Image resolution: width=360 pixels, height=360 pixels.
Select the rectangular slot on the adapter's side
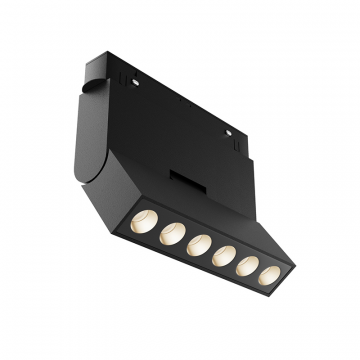click(x=188, y=178)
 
